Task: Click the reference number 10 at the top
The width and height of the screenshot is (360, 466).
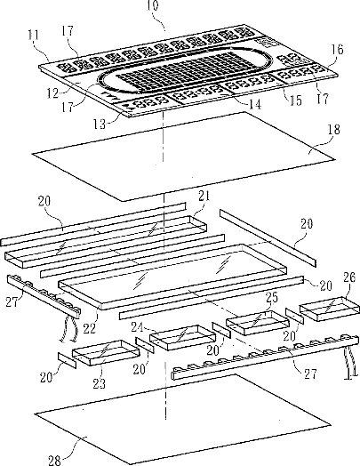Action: click(153, 5)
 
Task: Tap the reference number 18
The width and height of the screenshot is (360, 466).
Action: click(333, 129)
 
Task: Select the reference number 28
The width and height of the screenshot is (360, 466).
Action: click(54, 461)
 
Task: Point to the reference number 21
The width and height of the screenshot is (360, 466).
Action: click(204, 196)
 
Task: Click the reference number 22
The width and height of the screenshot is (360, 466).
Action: click(90, 328)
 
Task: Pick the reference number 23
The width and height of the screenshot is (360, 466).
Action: click(100, 383)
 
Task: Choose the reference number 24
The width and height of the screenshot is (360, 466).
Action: click(138, 327)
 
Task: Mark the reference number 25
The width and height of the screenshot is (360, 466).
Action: click(272, 298)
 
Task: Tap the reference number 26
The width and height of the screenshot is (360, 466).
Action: click(349, 277)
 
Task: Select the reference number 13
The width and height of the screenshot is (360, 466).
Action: click(100, 124)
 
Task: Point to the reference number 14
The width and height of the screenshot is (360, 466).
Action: click(255, 104)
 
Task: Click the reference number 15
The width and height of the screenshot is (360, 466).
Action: click(295, 100)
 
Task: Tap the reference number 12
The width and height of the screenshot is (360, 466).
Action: click(52, 93)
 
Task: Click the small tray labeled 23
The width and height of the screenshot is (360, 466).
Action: click(106, 353)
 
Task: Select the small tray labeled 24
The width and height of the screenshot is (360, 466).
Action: click(183, 337)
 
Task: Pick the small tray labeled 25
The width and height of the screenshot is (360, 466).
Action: click(258, 323)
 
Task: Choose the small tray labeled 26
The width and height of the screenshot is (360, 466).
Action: click(330, 309)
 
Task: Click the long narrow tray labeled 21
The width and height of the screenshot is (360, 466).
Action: click(106, 242)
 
